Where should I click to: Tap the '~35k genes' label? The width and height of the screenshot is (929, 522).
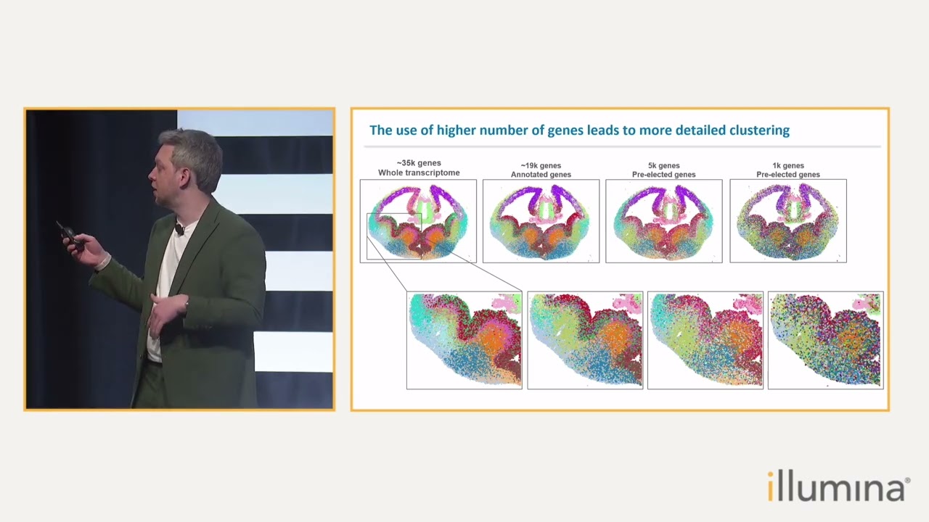point(419,163)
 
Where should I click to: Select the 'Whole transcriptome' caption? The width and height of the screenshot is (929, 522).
point(419,173)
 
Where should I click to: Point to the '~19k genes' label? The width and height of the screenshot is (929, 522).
point(541,165)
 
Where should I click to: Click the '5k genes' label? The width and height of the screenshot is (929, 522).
point(663,165)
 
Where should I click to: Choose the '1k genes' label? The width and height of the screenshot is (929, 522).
point(788,165)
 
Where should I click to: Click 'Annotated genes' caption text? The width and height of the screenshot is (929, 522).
point(541,175)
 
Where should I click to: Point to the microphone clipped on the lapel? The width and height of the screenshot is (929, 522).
point(179,229)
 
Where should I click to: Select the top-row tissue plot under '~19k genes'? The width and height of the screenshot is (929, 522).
point(541,221)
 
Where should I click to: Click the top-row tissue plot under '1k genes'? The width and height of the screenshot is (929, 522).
point(788,221)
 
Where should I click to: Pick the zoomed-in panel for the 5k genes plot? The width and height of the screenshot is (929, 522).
point(705,341)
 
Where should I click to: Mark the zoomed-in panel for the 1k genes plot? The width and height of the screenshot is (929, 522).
point(826,341)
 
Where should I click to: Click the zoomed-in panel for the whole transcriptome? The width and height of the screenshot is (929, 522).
point(464,341)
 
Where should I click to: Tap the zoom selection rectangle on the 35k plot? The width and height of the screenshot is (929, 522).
point(394,236)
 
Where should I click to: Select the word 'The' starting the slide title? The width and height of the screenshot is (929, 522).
point(380,130)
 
